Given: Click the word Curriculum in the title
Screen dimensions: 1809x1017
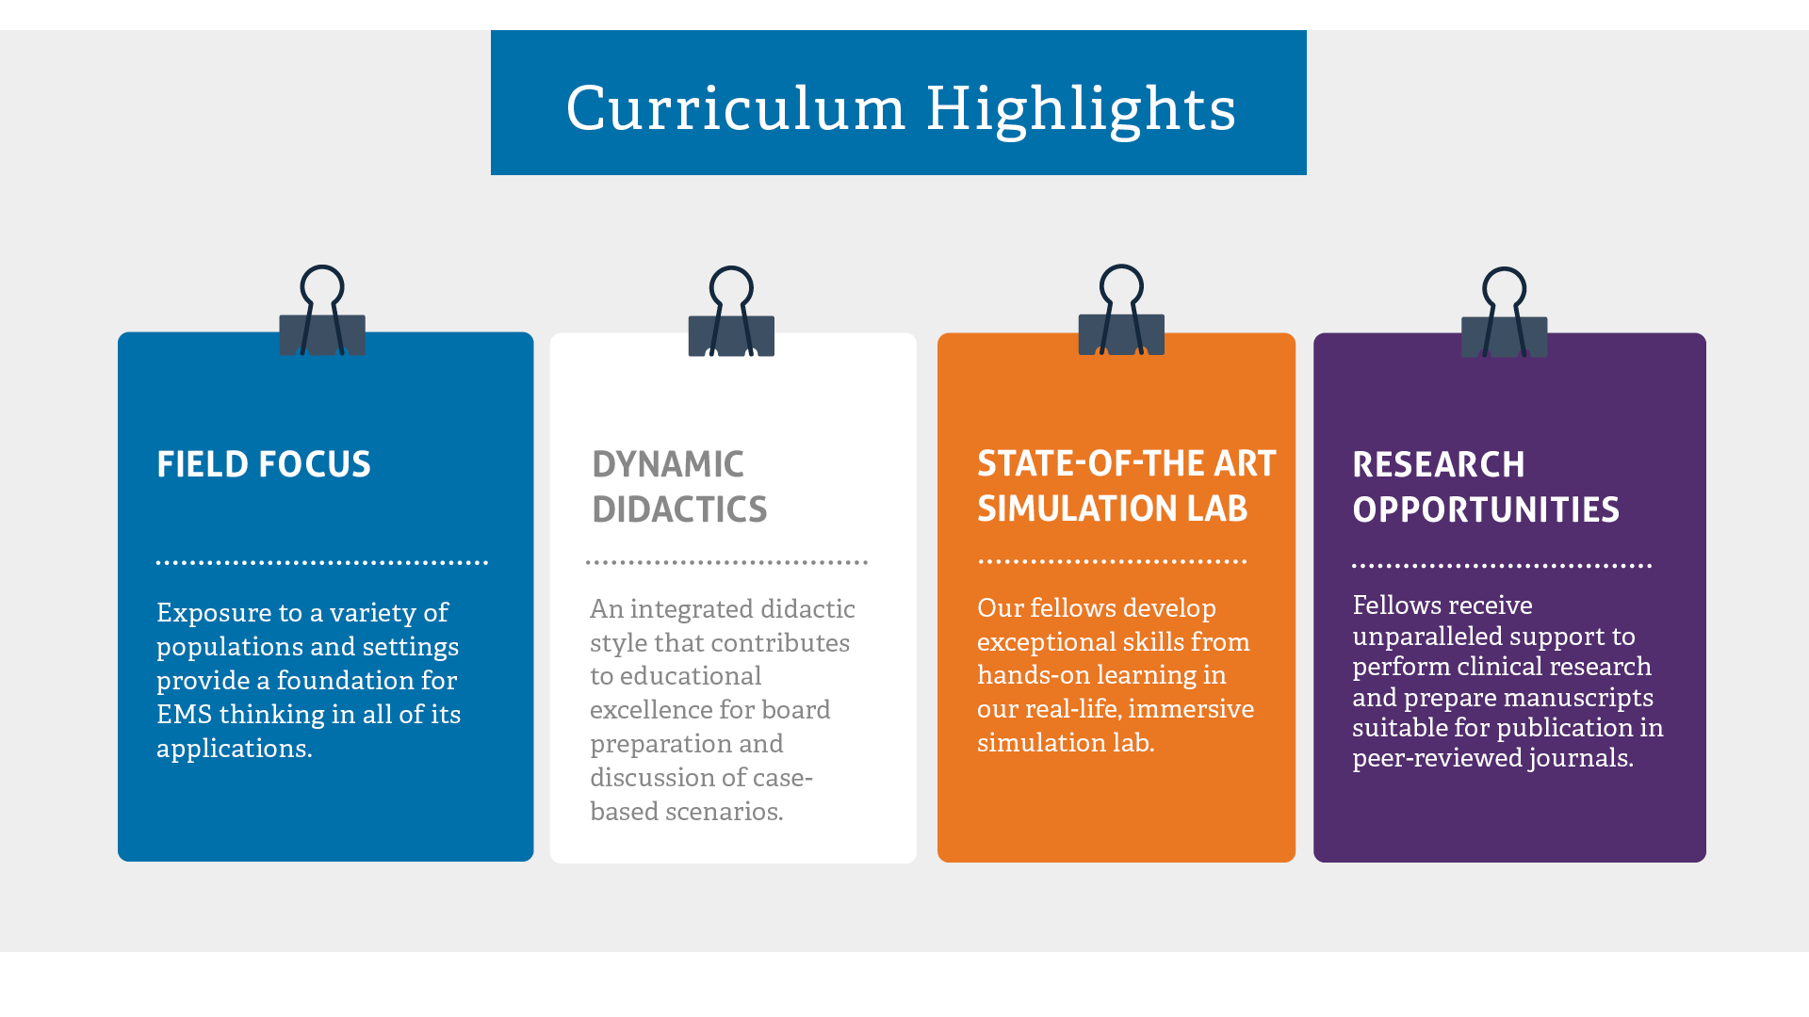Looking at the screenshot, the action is point(736,107).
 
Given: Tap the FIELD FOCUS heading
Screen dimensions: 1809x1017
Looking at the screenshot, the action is point(264,464).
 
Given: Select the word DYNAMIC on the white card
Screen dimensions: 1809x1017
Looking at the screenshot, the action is point(668,464).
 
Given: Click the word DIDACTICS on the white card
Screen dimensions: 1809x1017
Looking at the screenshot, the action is point(679,509).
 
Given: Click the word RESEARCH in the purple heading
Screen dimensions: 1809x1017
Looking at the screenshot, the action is point(1439,464).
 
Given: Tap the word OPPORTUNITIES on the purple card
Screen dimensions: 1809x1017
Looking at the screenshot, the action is point(1486,509).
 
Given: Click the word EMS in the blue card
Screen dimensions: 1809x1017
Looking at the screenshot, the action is point(184,715).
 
